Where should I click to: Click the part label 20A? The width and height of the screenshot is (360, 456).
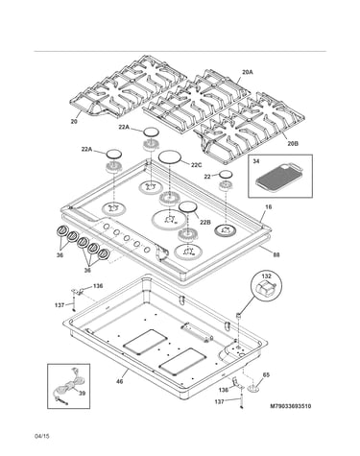tap(248, 72)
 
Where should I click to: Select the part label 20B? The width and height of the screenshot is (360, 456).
tap(293, 144)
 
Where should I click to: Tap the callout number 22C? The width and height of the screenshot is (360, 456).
tap(197, 165)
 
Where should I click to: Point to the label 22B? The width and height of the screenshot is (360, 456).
tap(205, 222)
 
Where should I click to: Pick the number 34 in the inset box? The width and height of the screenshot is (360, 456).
tap(256, 161)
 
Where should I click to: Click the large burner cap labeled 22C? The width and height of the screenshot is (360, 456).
tap(170, 156)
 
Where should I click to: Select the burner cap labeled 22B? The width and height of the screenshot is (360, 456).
tap(187, 206)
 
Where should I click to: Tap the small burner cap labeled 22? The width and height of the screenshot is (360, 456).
tap(226, 175)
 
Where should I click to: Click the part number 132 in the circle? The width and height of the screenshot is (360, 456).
tap(266, 276)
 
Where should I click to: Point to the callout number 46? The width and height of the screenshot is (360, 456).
tap(119, 381)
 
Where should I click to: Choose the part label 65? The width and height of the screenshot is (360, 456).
tap(266, 375)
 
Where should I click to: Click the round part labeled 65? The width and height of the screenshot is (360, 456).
tap(254, 389)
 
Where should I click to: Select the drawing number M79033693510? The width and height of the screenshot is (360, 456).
tap(291, 406)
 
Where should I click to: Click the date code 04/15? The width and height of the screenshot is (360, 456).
tap(42, 436)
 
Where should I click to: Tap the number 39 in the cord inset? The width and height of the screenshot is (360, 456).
tap(82, 394)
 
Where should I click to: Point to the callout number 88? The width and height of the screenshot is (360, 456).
tap(276, 255)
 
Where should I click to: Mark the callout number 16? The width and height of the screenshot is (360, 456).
tap(268, 207)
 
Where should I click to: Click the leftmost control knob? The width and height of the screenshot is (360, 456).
tap(61, 230)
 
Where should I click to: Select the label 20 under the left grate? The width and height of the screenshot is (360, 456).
tap(74, 122)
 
